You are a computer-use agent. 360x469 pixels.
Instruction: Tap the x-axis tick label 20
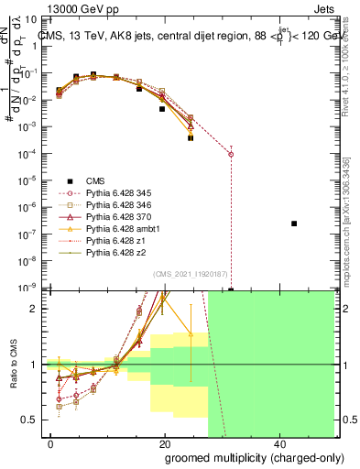(x=164, y=443)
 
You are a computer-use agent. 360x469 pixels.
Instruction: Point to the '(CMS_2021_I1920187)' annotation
(x=189, y=273)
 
